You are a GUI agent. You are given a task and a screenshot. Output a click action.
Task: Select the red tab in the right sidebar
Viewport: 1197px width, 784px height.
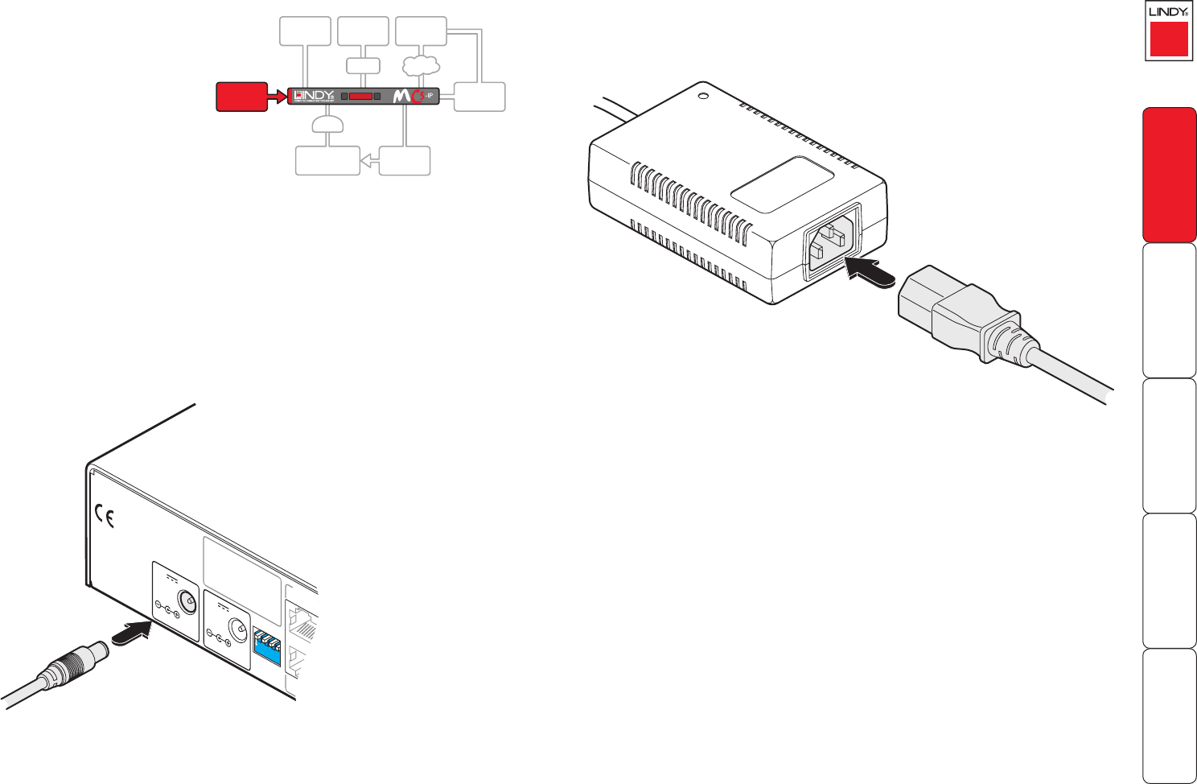tap(1169, 175)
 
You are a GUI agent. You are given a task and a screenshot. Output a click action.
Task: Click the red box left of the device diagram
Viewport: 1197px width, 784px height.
tap(241, 97)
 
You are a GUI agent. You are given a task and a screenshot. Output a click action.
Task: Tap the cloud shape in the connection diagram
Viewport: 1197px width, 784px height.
tap(420, 64)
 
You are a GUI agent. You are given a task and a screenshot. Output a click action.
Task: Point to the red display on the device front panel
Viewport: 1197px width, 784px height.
tap(361, 96)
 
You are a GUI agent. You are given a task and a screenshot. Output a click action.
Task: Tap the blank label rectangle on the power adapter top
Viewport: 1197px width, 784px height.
tap(781, 184)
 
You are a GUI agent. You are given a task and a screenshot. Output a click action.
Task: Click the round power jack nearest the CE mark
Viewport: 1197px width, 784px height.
tap(187, 603)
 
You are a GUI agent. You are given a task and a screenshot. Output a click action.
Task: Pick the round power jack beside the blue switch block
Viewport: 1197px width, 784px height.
tap(237, 629)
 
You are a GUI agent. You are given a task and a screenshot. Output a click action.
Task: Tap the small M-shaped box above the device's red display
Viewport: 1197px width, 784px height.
tap(363, 66)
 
